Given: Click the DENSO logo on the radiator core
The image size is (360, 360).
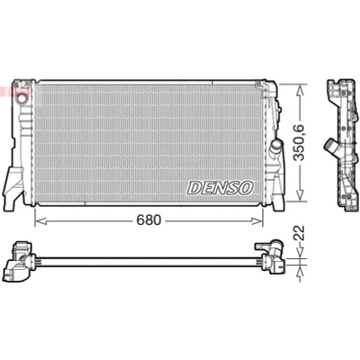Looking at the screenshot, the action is (220, 188).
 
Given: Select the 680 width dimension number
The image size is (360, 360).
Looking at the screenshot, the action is (148, 220).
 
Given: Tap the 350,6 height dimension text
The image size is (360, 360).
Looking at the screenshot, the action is (299, 142).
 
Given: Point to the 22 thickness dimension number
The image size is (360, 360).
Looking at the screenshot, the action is (299, 232).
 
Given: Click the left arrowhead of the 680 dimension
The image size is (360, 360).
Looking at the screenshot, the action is (40, 221).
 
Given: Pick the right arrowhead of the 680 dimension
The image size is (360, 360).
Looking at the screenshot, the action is (256, 221).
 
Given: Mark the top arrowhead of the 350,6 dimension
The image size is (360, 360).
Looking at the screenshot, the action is (300, 90).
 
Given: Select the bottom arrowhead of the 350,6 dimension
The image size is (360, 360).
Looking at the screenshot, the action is (300, 194).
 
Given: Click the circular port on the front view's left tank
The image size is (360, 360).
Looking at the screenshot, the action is (22, 98).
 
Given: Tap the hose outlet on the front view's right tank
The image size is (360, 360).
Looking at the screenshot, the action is (275, 146).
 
